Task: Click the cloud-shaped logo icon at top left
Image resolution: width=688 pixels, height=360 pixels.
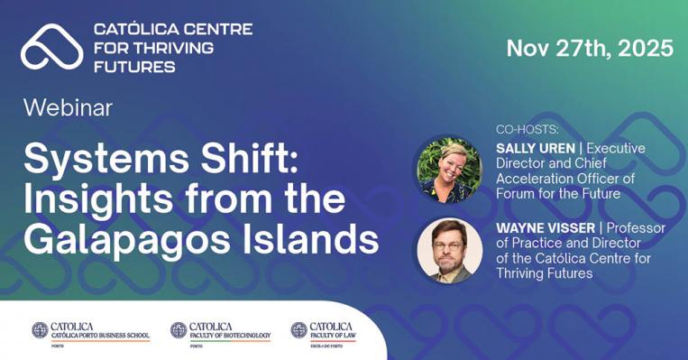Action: (52, 46)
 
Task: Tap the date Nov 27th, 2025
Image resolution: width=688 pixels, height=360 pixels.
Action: (589, 48)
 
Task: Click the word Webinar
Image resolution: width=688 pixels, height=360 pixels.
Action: (68, 108)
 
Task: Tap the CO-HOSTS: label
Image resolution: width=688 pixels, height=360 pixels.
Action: (527, 129)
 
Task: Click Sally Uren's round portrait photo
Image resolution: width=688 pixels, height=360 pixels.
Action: (448, 170)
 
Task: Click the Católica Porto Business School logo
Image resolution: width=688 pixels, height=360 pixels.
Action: (90, 330)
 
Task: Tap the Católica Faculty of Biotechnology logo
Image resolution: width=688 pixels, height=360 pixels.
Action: (221, 330)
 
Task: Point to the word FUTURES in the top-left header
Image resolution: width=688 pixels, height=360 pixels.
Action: (135, 65)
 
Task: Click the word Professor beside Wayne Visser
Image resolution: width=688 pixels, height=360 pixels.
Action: (632, 228)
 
